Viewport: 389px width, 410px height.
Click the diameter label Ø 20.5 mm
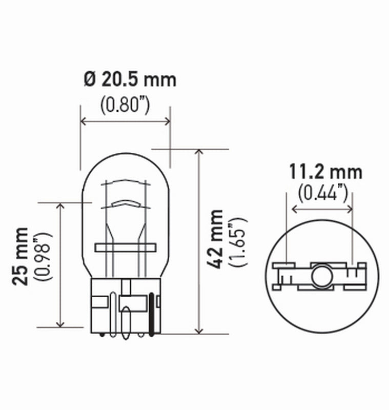[x=129, y=80]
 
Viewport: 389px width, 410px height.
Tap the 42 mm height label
[x=217, y=239]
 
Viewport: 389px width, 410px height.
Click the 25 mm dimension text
[x=21, y=256]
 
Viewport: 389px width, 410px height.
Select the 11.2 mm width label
[x=325, y=172]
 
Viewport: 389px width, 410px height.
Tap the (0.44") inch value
[x=323, y=193]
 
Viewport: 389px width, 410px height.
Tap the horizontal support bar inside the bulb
[x=125, y=248]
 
